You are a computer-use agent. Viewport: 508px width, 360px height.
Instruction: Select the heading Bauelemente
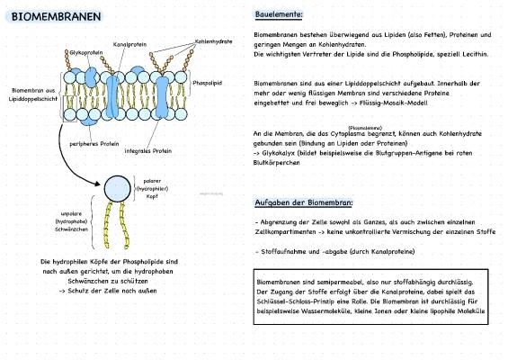click(280, 15)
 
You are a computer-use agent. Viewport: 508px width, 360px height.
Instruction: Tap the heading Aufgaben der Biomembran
click(304, 202)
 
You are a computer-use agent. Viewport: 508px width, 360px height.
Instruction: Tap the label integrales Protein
click(148, 151)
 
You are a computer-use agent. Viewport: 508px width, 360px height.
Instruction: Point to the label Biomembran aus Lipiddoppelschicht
click(33, 94)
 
